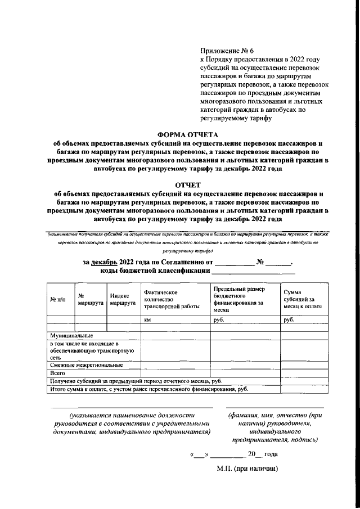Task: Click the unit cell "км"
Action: point(148,319)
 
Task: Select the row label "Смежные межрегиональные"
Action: point(79,365)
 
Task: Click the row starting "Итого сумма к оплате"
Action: point(149,389)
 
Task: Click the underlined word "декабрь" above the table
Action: point(105,262)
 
